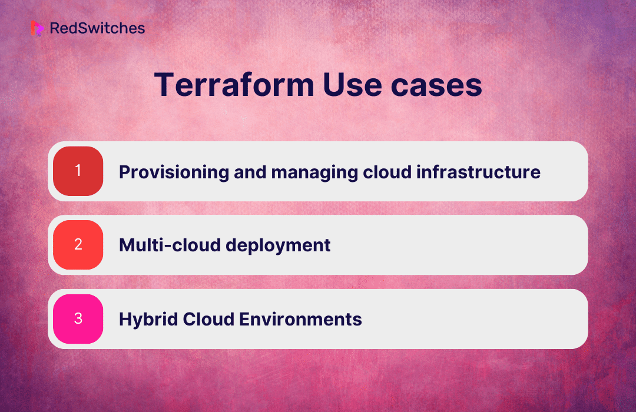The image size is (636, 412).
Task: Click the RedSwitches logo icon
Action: click(37, 28)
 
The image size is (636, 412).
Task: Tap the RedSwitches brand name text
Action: click(97, 28)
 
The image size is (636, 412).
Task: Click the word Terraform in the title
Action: click(234, 85)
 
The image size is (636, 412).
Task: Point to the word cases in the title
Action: click(436, 87)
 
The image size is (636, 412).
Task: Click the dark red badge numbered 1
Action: click(78, 171)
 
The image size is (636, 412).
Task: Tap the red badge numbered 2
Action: click(78, 245)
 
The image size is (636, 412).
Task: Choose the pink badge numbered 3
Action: click(78, 319)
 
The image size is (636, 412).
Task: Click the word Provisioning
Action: click(174, 173)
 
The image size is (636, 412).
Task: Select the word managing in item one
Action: click(314, 173)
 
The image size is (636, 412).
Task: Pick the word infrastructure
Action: click(478, 172)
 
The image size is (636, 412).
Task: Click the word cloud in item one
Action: click(387, 172)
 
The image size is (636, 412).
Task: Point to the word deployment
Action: click(278, 246)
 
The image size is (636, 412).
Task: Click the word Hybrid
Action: click(148, 320)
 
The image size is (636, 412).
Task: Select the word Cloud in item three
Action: click(208, 319)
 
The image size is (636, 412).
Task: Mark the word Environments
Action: click(300, 319)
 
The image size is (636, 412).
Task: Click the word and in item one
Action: click(250, 172)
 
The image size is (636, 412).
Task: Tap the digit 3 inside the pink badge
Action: click(78, 318)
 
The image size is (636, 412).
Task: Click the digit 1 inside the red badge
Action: click(78, 170)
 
